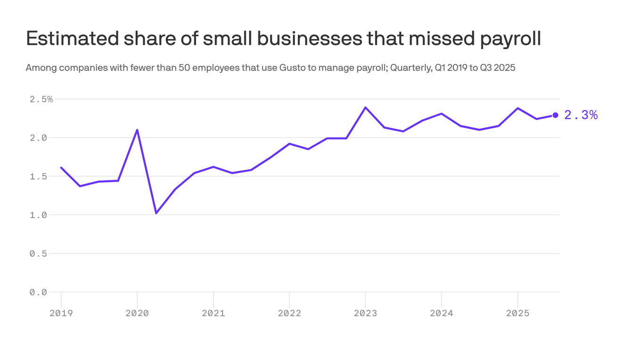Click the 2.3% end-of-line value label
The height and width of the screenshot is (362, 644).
[581, 115]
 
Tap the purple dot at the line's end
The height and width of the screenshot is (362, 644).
[555, 115]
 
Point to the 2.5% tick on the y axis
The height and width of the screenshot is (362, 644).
[41, 99]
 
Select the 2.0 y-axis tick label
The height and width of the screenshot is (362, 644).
[38, 138]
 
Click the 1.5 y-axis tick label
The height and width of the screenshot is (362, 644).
[38, 176]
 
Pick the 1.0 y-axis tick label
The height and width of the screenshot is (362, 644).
[38, 215]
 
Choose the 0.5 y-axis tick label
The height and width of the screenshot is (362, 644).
[38, 254]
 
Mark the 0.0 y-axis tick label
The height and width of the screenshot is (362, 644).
[38, 292]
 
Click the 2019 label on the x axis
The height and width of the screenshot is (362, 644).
[61, 313]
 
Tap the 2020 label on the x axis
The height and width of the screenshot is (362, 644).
[137, 313]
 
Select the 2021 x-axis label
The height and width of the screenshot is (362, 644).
[214, 313]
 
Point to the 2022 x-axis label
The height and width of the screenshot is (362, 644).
[289, 313]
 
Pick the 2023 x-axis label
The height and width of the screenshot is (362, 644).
[365, 313]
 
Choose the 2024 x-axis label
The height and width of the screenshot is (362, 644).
[441, 313]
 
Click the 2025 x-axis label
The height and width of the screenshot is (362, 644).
[518, 313]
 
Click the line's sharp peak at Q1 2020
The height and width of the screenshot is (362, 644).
[137, 130]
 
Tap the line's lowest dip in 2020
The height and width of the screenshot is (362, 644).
[156, 213]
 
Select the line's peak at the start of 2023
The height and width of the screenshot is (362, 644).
[365, 107]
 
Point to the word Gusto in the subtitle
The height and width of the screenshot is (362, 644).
[292, 68]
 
